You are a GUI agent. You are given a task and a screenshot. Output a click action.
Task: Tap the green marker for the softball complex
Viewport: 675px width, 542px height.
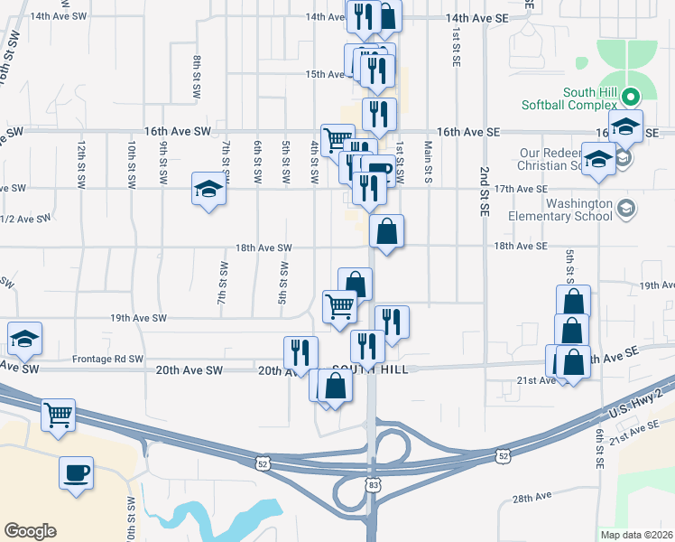(x=633, y=93)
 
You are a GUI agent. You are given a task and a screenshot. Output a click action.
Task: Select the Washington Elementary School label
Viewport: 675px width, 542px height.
(x=565, y=210)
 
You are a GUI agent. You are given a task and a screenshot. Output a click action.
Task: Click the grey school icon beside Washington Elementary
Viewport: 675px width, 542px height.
(x=624, y=210)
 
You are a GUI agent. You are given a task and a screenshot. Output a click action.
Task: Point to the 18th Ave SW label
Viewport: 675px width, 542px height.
(x=264, y=247)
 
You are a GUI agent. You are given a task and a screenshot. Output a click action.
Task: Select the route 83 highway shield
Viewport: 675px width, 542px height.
(x=373, y=485)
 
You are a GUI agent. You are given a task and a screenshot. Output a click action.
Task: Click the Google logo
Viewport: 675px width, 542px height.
(x=30, y=531)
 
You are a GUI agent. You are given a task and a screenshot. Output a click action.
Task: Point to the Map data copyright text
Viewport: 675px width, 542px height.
(x=636, y=535)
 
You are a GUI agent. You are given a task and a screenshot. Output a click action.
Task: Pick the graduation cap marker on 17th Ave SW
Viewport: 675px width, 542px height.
(x=208, y=189)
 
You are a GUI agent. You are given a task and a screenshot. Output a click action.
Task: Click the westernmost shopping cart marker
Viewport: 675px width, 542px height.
(x=58, y=415)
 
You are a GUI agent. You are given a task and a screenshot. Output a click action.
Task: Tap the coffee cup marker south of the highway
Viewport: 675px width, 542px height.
(x=76, y=472)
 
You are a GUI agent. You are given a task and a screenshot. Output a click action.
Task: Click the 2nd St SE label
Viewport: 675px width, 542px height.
(x=485, y=191)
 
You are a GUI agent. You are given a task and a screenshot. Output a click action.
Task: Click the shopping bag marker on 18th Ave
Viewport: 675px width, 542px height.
(x=385, y=231)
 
